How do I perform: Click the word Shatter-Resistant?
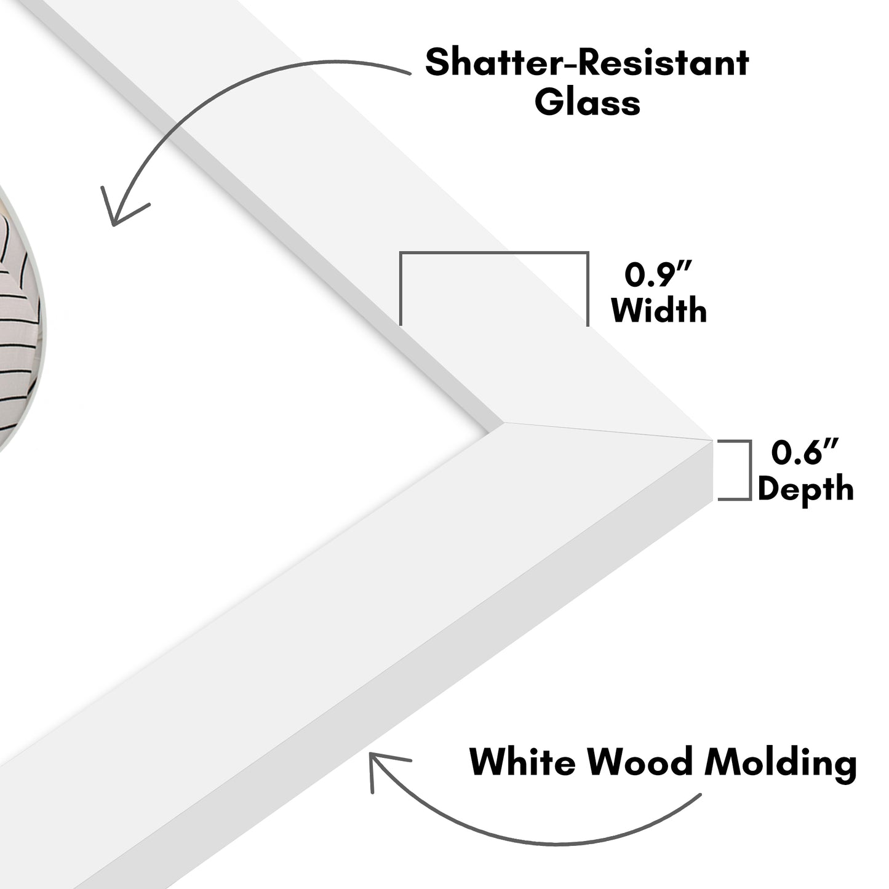click(x=587, y=63)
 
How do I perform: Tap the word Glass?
click(x=587, y=102)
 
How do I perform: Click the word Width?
click(x=659, y=310)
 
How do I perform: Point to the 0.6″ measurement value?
click(x=805, y=453)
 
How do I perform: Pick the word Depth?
click(x=805, y=489)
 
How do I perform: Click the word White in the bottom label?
click(x=522, y=763)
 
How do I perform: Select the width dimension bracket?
click(x=494, y=253)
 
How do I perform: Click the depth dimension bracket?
click(x=749, y=470)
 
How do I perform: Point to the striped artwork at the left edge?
click(x=22, y=320)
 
